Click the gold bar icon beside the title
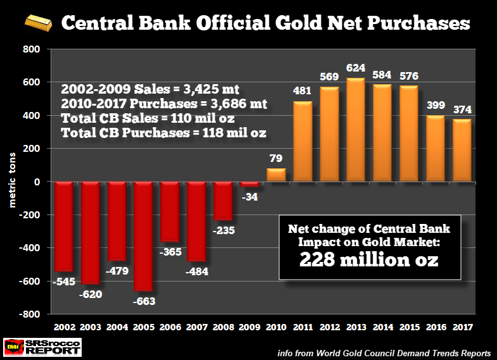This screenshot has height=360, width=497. click(x=39, y=25)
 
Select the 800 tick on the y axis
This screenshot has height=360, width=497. click(x=30, y=49)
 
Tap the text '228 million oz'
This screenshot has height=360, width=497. click(x=370, y=259)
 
